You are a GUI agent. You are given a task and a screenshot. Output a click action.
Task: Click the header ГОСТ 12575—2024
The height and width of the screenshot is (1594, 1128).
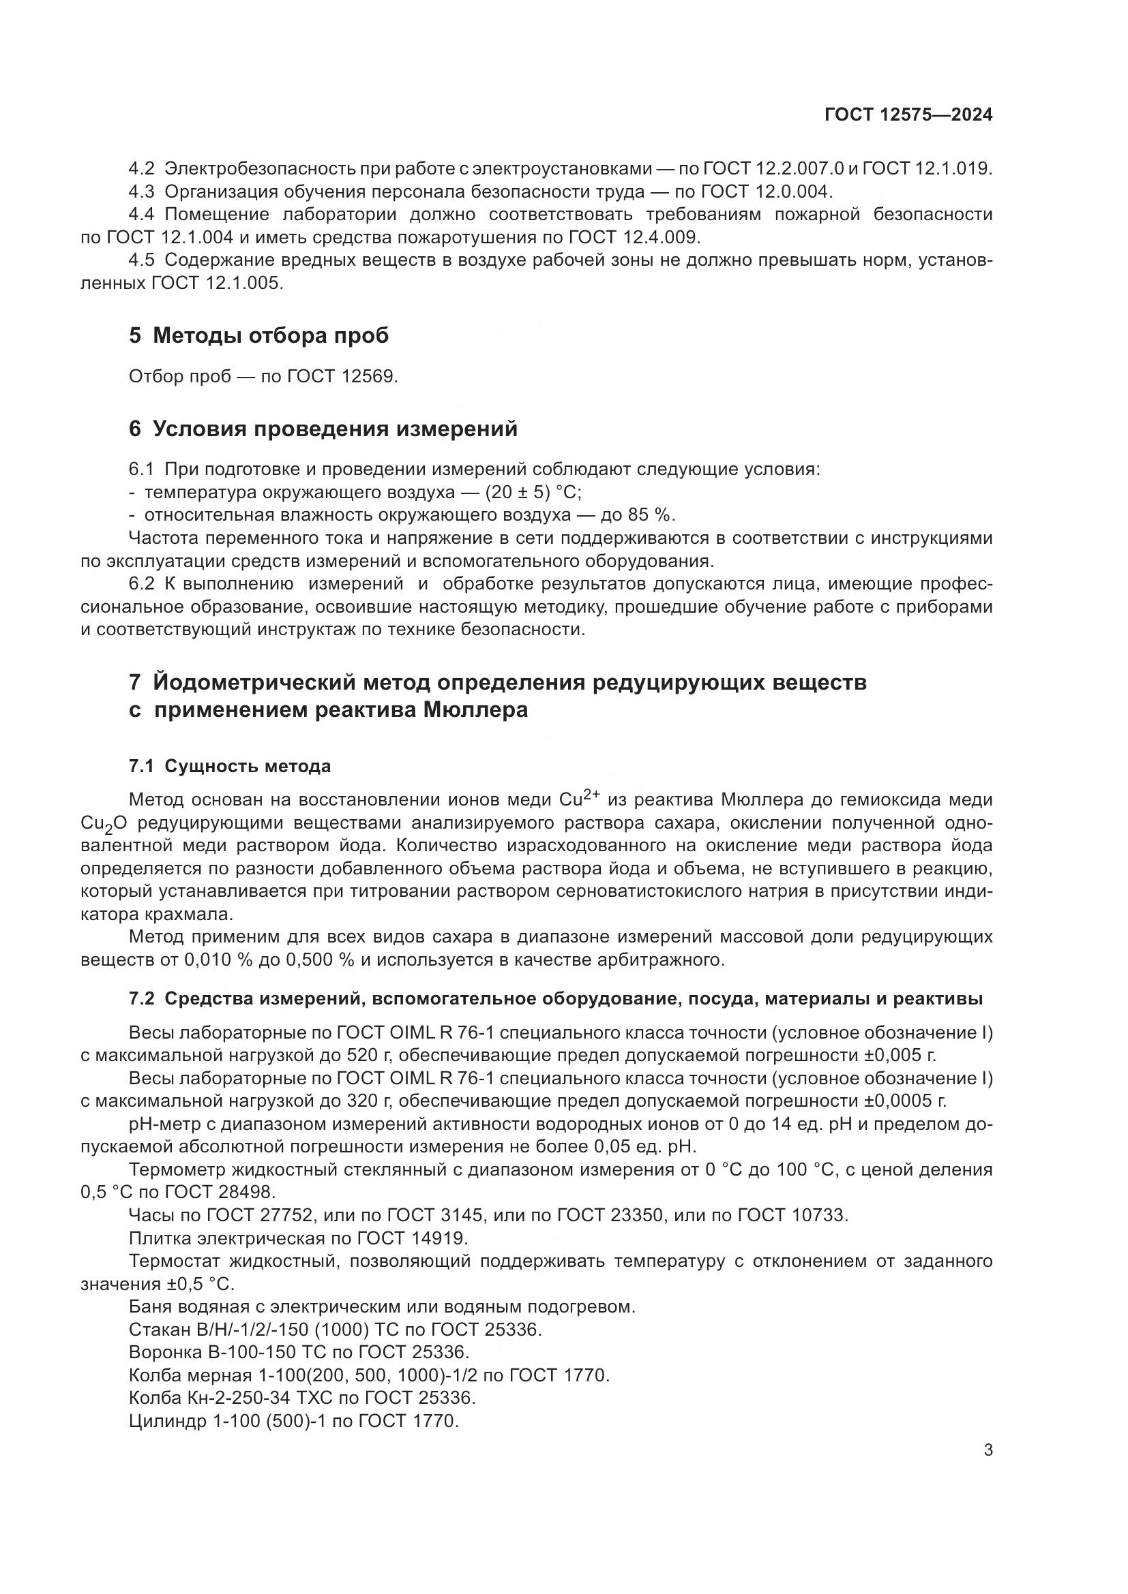[908, 115]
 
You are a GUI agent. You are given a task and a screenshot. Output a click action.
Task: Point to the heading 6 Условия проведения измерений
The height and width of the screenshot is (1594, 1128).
[323, 429]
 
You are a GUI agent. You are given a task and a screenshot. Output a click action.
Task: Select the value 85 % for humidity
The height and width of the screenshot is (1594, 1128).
[653, 515]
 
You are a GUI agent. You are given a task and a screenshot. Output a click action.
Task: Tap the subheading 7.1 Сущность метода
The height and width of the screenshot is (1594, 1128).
[229, 767]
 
